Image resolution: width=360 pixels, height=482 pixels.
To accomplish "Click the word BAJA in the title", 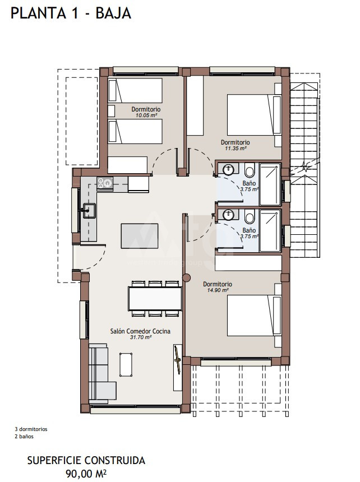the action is pyautogui.click(x=113, y=13).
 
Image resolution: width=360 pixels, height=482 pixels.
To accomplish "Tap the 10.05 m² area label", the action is pyautogui.click(x=146, y=115).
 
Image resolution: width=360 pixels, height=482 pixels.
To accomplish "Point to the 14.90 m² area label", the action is pyautogui.click(x=218, y=290).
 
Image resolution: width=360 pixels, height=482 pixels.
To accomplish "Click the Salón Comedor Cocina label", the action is pyautogui.click(x=140, y=331).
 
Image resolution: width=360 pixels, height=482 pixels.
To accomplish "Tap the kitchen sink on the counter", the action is pyautogui.click(x=89, y=211).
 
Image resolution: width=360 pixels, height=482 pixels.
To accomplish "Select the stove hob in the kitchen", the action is pyautogui.click(x=105, y=183).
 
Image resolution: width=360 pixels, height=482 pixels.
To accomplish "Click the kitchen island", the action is pyautogui.click(x=140, y=236).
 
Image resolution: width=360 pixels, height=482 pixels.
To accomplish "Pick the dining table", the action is pyautogui.click(x=155, y=299).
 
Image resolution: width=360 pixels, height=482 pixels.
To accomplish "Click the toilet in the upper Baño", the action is pyautogui.click(x=250, y=170).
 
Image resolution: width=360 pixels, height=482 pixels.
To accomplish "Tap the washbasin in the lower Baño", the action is pyautogui.click(x=228, y=215).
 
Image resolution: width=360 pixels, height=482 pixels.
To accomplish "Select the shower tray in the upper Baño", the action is pyautogui.click(x=270, y=184).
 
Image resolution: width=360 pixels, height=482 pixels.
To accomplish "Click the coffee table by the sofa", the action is pyautogui.click(x=126, y=364).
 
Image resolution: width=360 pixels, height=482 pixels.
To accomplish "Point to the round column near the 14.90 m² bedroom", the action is pyautogui.click(x=186, y=278).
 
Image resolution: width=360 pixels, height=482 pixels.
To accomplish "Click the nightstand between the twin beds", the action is pyautogui.click(x=111, y=111).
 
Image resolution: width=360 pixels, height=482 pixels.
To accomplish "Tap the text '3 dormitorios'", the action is pyautogui.click(x=31, y=429).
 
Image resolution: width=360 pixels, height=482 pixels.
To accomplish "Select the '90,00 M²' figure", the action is pyautogui.click(x=86, y=474).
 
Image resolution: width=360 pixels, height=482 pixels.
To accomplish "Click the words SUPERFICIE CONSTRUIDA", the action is pyautogui.click(x=86, y=461).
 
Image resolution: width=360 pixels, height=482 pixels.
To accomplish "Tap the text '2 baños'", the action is pyautogui.click(x=24, y=436).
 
